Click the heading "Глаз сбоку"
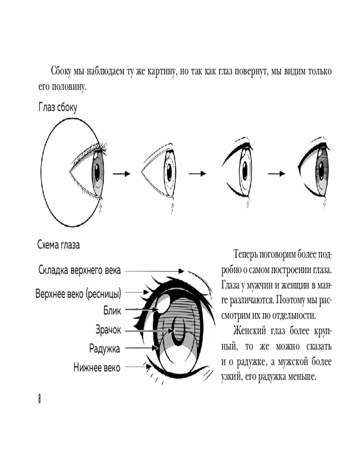click(x=58, y=108)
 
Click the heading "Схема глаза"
click(x=58, y=246)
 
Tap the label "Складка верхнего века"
click(x=79, y=271)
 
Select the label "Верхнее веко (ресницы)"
click(x=78, y=295)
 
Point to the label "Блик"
click(x=112, y=310)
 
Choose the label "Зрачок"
click(x=108, y=330)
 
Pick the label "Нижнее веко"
click(x=97, y=368)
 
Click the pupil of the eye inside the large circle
click(x=96, y=171)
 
